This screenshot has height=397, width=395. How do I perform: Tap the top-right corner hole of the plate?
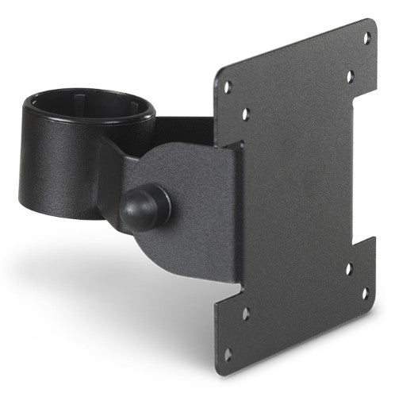pyautogui.click(x=366, y=37)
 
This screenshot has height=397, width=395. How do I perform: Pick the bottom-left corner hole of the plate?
pyautogui.click(x=228, y=355)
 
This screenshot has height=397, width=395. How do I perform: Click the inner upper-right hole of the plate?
pyautogui.click(x=349, y=77)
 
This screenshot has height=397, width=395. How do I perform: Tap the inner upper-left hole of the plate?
pyautogui.click(x=246, y=114)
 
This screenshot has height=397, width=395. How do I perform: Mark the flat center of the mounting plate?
pyautogui.click(x=301, y=198)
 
